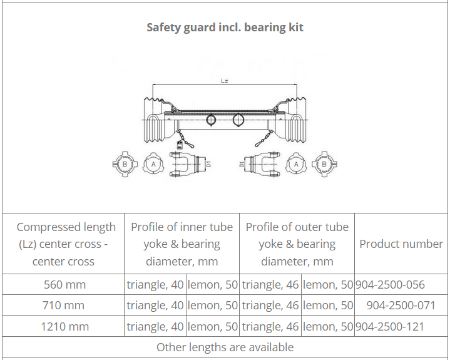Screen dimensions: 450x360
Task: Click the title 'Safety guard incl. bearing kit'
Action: pos(225,28)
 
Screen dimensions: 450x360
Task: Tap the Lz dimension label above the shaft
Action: pos(225,81)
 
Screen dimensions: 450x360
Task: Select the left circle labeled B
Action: pos(125,164)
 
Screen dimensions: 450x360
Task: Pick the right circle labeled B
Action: pos(324,164)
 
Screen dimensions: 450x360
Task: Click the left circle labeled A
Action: pos(153,164)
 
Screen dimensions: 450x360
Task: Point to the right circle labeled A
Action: pos(296,164)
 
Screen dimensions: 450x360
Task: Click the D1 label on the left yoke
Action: pos(208,164)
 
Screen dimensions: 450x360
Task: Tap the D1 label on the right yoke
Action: pos(242,164)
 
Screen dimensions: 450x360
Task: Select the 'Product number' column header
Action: pos(401,244)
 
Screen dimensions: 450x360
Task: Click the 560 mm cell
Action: pos(64,284)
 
